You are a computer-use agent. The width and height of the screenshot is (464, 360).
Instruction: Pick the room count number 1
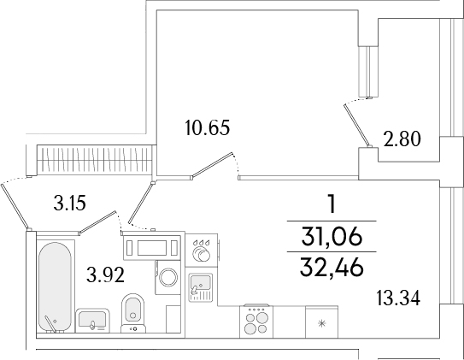[x=330, y=204]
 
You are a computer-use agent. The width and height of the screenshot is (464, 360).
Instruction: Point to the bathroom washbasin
[x=91, y=319]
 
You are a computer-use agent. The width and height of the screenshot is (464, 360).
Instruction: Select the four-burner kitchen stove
[x=256, y=322]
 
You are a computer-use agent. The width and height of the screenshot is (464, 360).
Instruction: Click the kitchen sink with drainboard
[x=202, y=283]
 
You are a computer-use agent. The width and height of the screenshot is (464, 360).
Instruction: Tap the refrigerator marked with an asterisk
[x=320, y=322]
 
